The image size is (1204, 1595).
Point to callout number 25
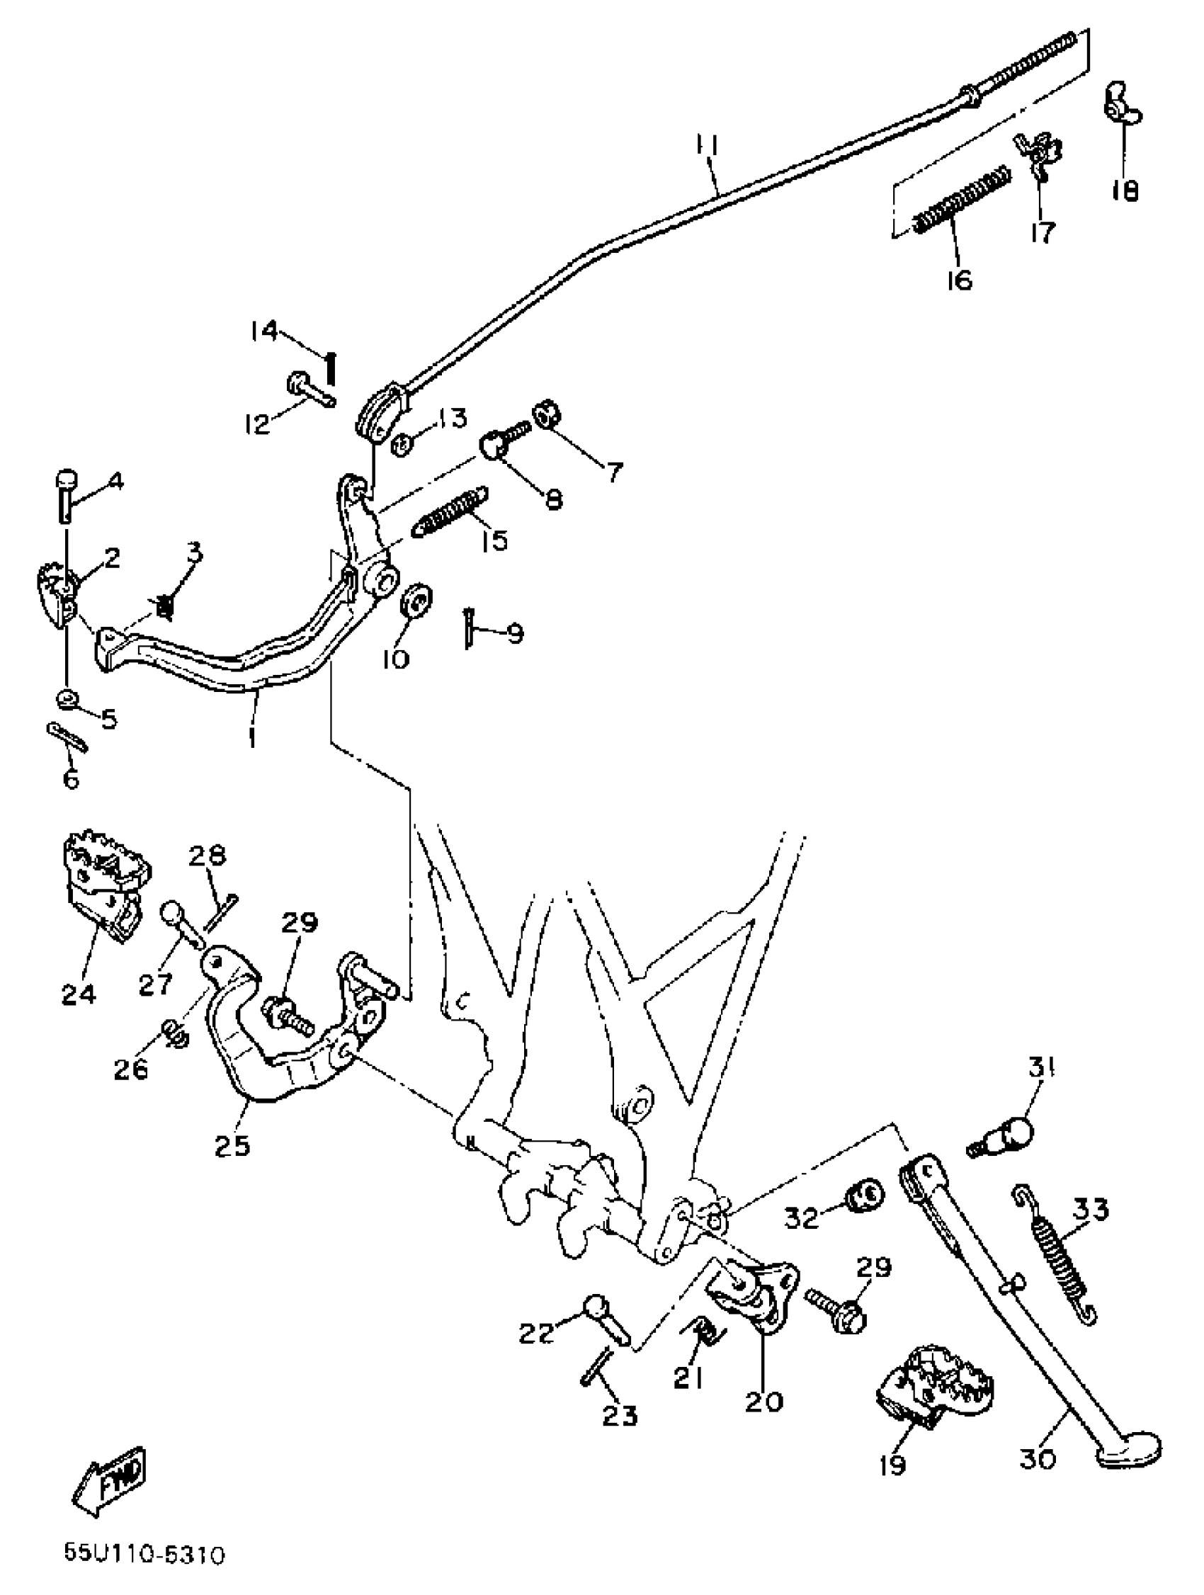(232, 1145)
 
